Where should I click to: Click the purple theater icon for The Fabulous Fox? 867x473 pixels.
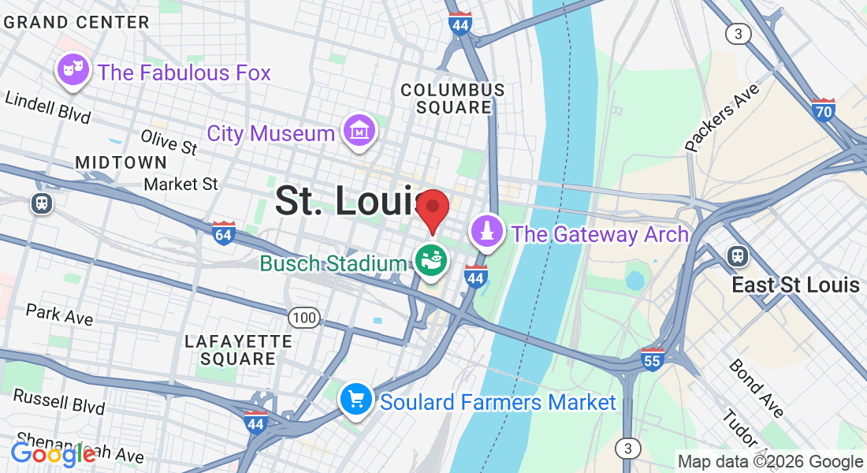pos(73,70)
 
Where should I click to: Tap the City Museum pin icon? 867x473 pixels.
pos(359,131)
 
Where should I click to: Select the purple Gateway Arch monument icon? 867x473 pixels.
pos(486,232)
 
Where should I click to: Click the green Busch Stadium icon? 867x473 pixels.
pos(432,261)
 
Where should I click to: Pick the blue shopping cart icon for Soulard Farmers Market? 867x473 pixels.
pos(355,400)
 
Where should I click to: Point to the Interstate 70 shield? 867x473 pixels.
pos(824,109)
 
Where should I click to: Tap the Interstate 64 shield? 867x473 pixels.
pos(224,233)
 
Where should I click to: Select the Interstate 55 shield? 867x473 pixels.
pos(652,359)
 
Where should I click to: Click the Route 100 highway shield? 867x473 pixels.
pos(303,318)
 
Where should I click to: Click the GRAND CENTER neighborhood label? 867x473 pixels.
pos(76,22)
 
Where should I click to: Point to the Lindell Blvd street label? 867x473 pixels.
pos(47,107)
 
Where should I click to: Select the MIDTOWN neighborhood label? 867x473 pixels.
pos(121,162)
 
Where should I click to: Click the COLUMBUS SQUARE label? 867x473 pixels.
pos(452,99)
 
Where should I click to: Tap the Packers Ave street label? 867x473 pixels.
pos(722,117)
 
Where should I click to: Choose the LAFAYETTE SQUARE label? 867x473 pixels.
pos(238,349)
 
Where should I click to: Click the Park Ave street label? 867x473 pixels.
pos(59,314)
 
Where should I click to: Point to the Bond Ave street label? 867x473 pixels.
pos(756,388)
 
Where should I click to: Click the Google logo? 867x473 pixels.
pos(53,453)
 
